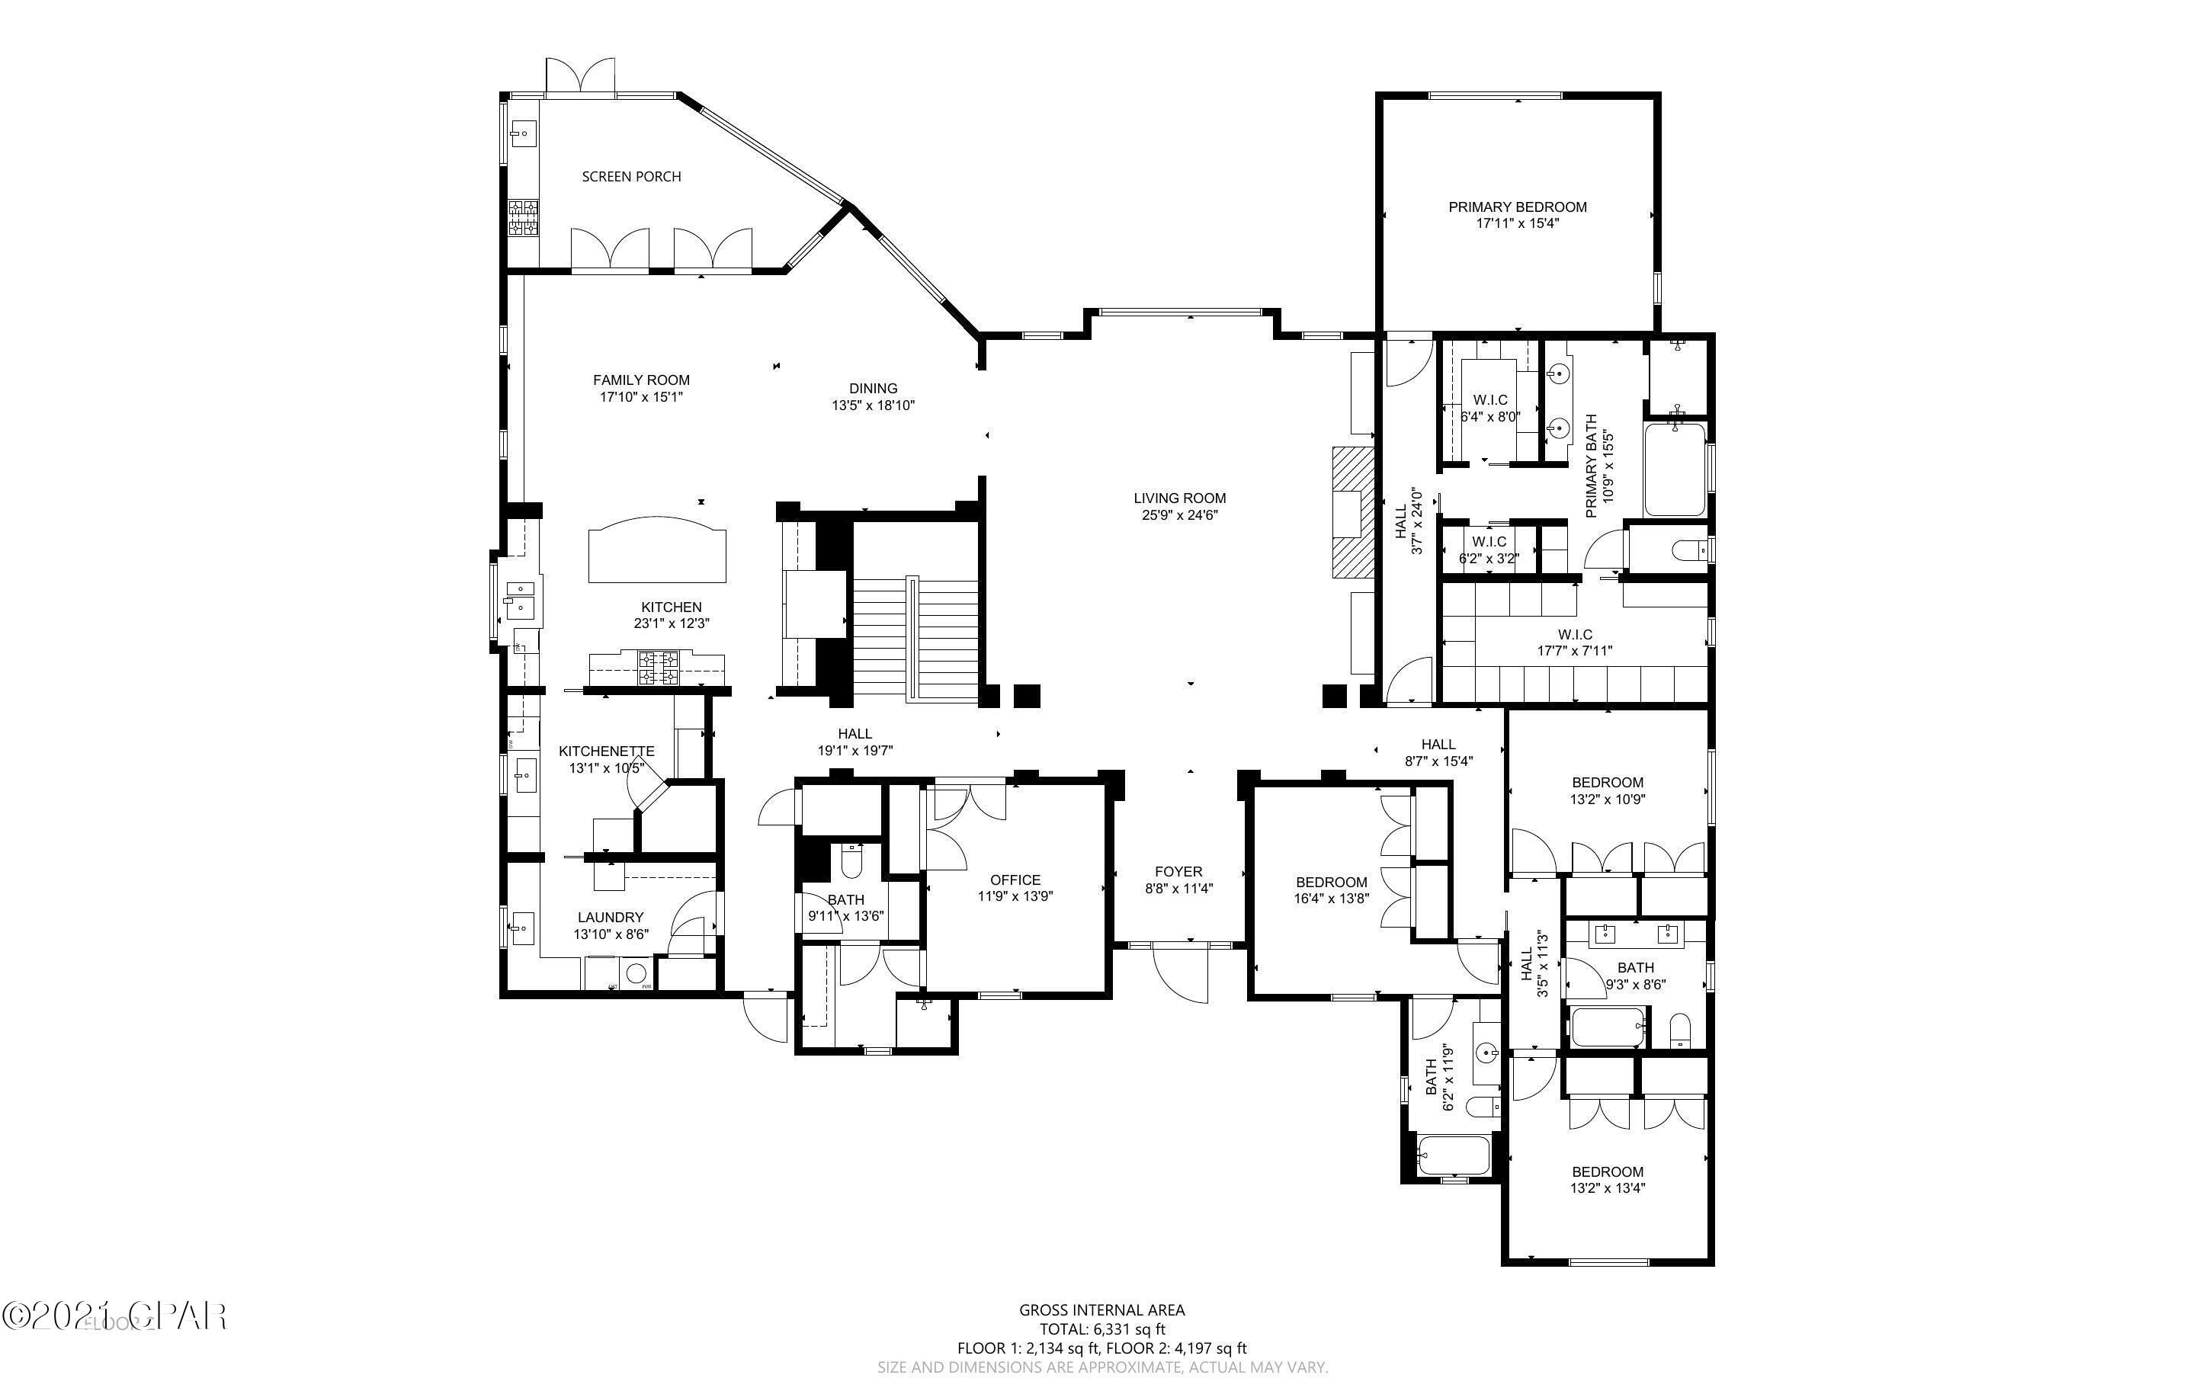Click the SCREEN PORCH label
[631, 177]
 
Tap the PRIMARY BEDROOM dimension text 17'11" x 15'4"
[1517, 223]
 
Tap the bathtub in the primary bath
[1675, 469]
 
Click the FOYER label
[1178, 871]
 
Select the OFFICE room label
[1015, 880]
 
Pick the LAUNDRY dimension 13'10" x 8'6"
[611, 934]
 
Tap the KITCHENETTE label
[606, 751]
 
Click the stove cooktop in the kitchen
[658, 667]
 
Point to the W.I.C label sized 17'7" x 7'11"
[1575, 634]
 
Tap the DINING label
[873, 388]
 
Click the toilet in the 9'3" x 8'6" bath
[1680, 1030]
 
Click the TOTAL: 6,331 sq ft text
[1101, 1328]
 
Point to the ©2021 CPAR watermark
[114, 1316]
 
